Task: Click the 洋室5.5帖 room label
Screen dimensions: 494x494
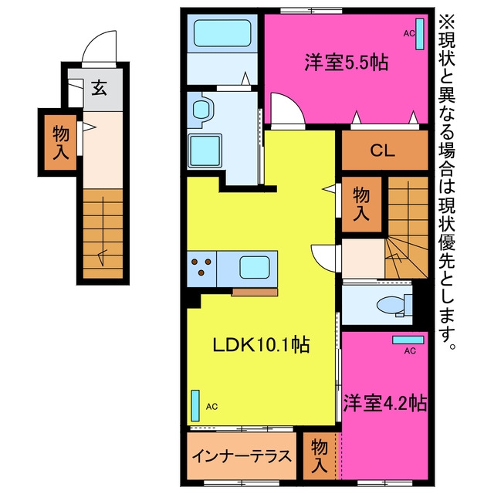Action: (346, 63)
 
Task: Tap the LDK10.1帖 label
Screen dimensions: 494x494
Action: (261, 345)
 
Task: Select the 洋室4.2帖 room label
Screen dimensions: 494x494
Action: (385, 403)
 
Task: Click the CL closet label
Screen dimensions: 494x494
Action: (383, 151)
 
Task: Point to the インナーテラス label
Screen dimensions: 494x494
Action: (242, 456)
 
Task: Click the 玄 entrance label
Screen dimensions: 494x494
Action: (100, 88)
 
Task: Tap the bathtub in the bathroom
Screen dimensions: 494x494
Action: (222, 33)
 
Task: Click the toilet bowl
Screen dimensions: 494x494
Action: (391, 306)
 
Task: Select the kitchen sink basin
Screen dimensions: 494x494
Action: (255, 267)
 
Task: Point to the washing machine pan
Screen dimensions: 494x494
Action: (205, 151)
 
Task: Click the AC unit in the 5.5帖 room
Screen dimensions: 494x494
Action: (420, 34)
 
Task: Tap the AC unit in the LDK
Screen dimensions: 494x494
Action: (195, 405)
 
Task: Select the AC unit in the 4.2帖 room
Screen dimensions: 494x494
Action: (408, 340)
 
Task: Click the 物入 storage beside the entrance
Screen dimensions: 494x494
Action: (60, 142)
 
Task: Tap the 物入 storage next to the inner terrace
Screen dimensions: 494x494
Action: (319, 456)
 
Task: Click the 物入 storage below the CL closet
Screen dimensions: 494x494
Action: (361, 204)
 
